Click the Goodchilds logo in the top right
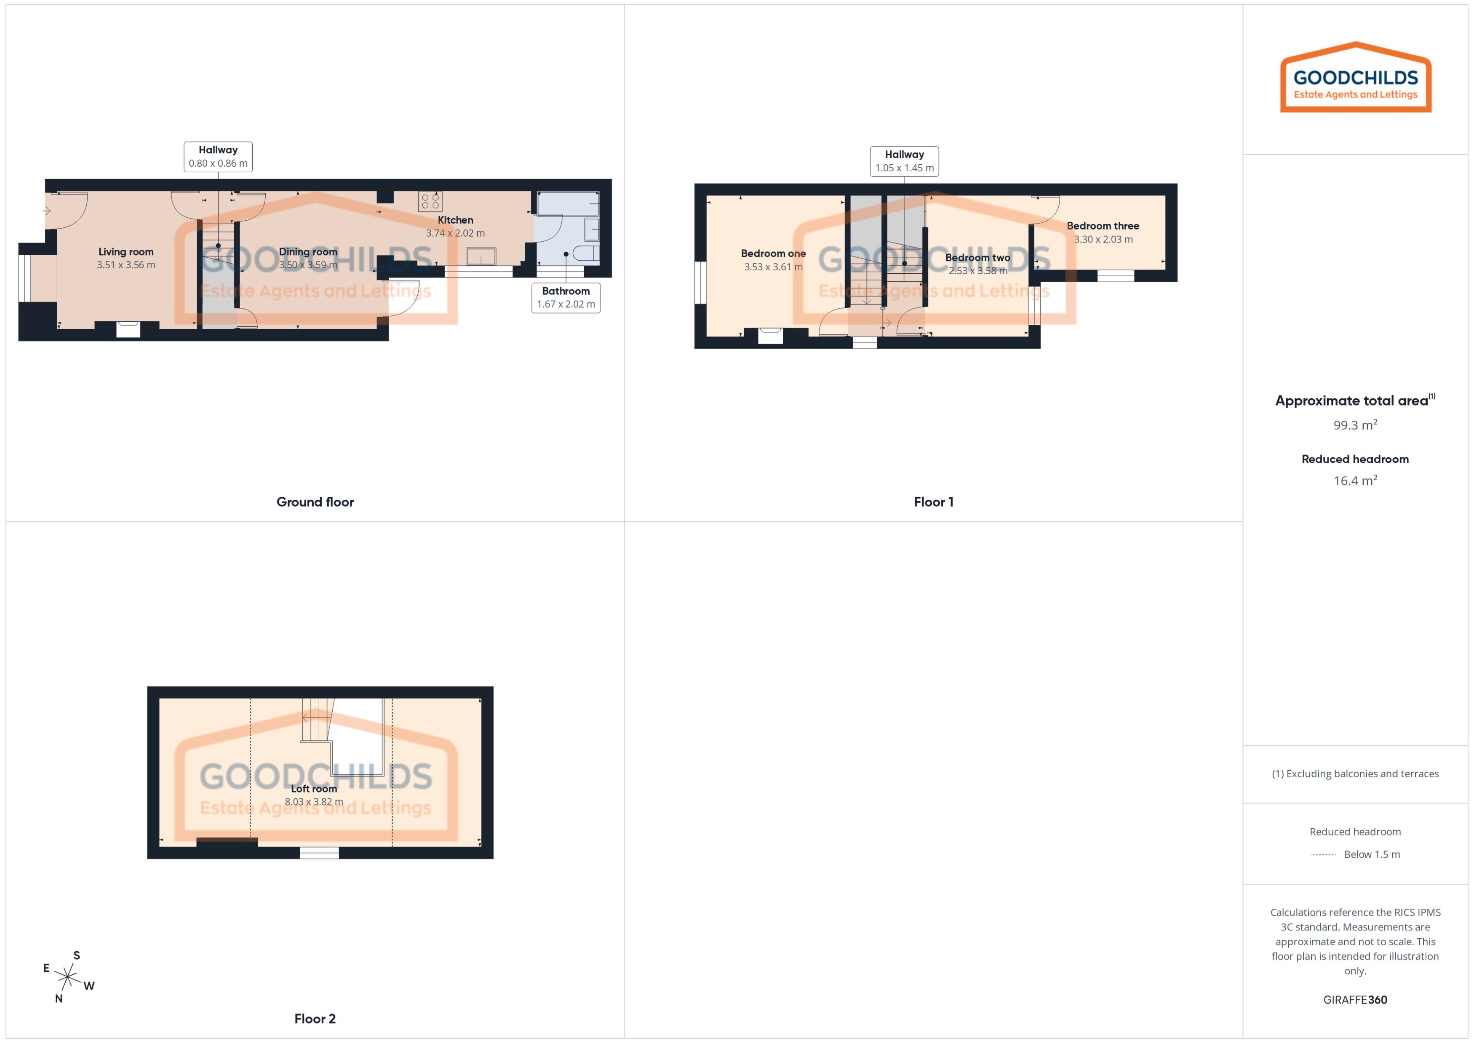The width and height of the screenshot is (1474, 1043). (x=1355, y=78)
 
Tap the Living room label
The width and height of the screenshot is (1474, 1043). (x=126, y=252)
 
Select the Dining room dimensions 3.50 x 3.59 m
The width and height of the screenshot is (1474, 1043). (x=308, y=264)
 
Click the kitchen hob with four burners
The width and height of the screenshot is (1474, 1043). (x=430, y=201)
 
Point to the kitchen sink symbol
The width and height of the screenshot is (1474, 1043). (x=481, y=256)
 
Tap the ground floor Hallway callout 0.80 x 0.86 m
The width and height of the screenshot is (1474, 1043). (x=218, y=157)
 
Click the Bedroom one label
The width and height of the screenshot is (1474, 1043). (x=773, y=253)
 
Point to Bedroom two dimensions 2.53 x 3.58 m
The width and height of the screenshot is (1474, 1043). (x=977, y=270)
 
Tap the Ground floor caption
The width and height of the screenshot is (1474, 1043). (x=315, y=501)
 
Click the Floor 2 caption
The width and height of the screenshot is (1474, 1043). (x=315, y=1019)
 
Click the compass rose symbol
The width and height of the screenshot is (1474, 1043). (x=67, y=977)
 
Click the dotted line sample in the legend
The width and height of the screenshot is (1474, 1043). (x=1322, y=855)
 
